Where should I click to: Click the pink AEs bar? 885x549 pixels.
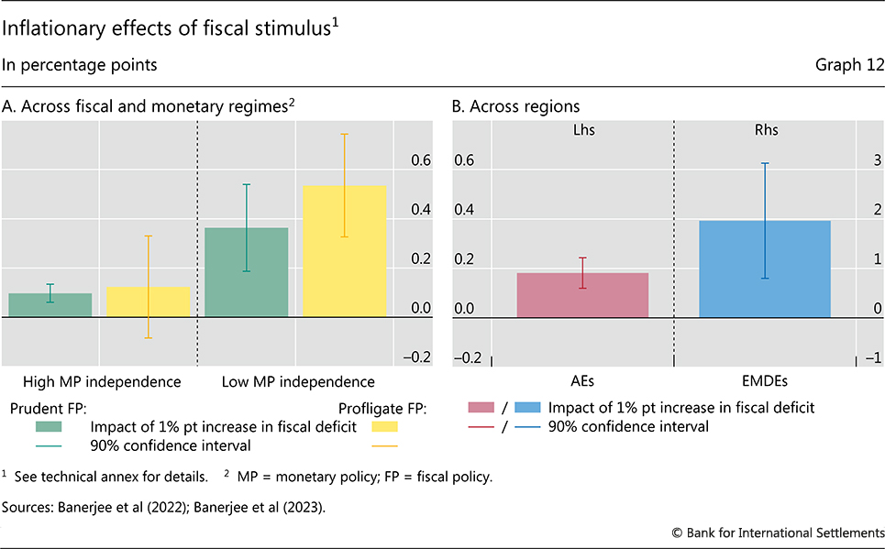pyautogui.click(x=582, y=294)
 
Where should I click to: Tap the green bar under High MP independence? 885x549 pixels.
pyautogui.click(x=50, y=304)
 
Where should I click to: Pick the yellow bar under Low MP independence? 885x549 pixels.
pyautogui.click(x=344, y=251)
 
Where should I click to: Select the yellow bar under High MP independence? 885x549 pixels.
pyautogui.click(x=148, y=302)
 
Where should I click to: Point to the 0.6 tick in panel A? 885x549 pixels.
pyautogui.click(x=420, y=160)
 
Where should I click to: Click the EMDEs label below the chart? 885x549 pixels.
pyautogui.click(x=764, y=381)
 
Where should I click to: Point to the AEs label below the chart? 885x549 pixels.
pyautogui.click(x=582, y=381)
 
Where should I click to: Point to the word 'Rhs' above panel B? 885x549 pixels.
pyautogui.click(x=764, y=130)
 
